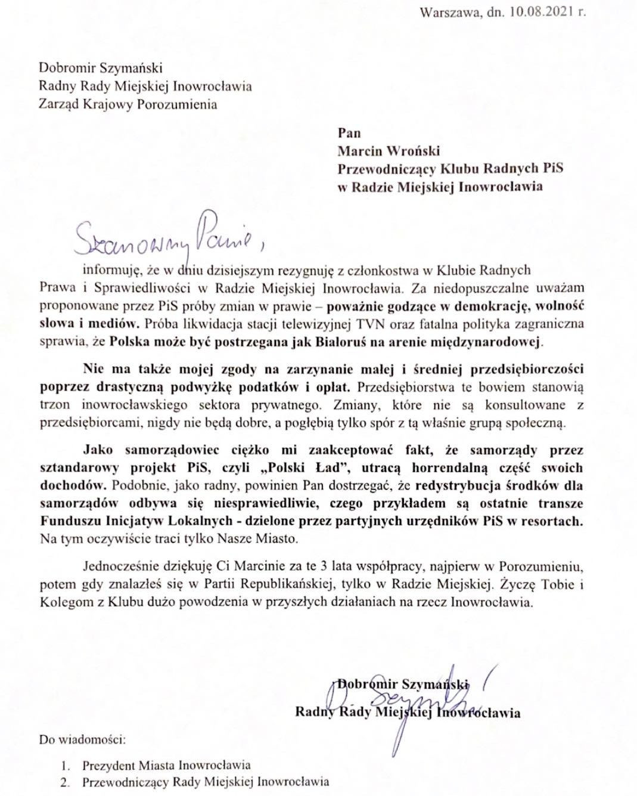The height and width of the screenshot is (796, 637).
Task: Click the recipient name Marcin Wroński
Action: point(389,151)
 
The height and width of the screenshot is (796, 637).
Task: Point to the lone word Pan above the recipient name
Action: point(349,133)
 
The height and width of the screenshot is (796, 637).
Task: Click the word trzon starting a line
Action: point(53,405)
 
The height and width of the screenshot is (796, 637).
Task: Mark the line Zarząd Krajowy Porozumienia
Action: point(128,104)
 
